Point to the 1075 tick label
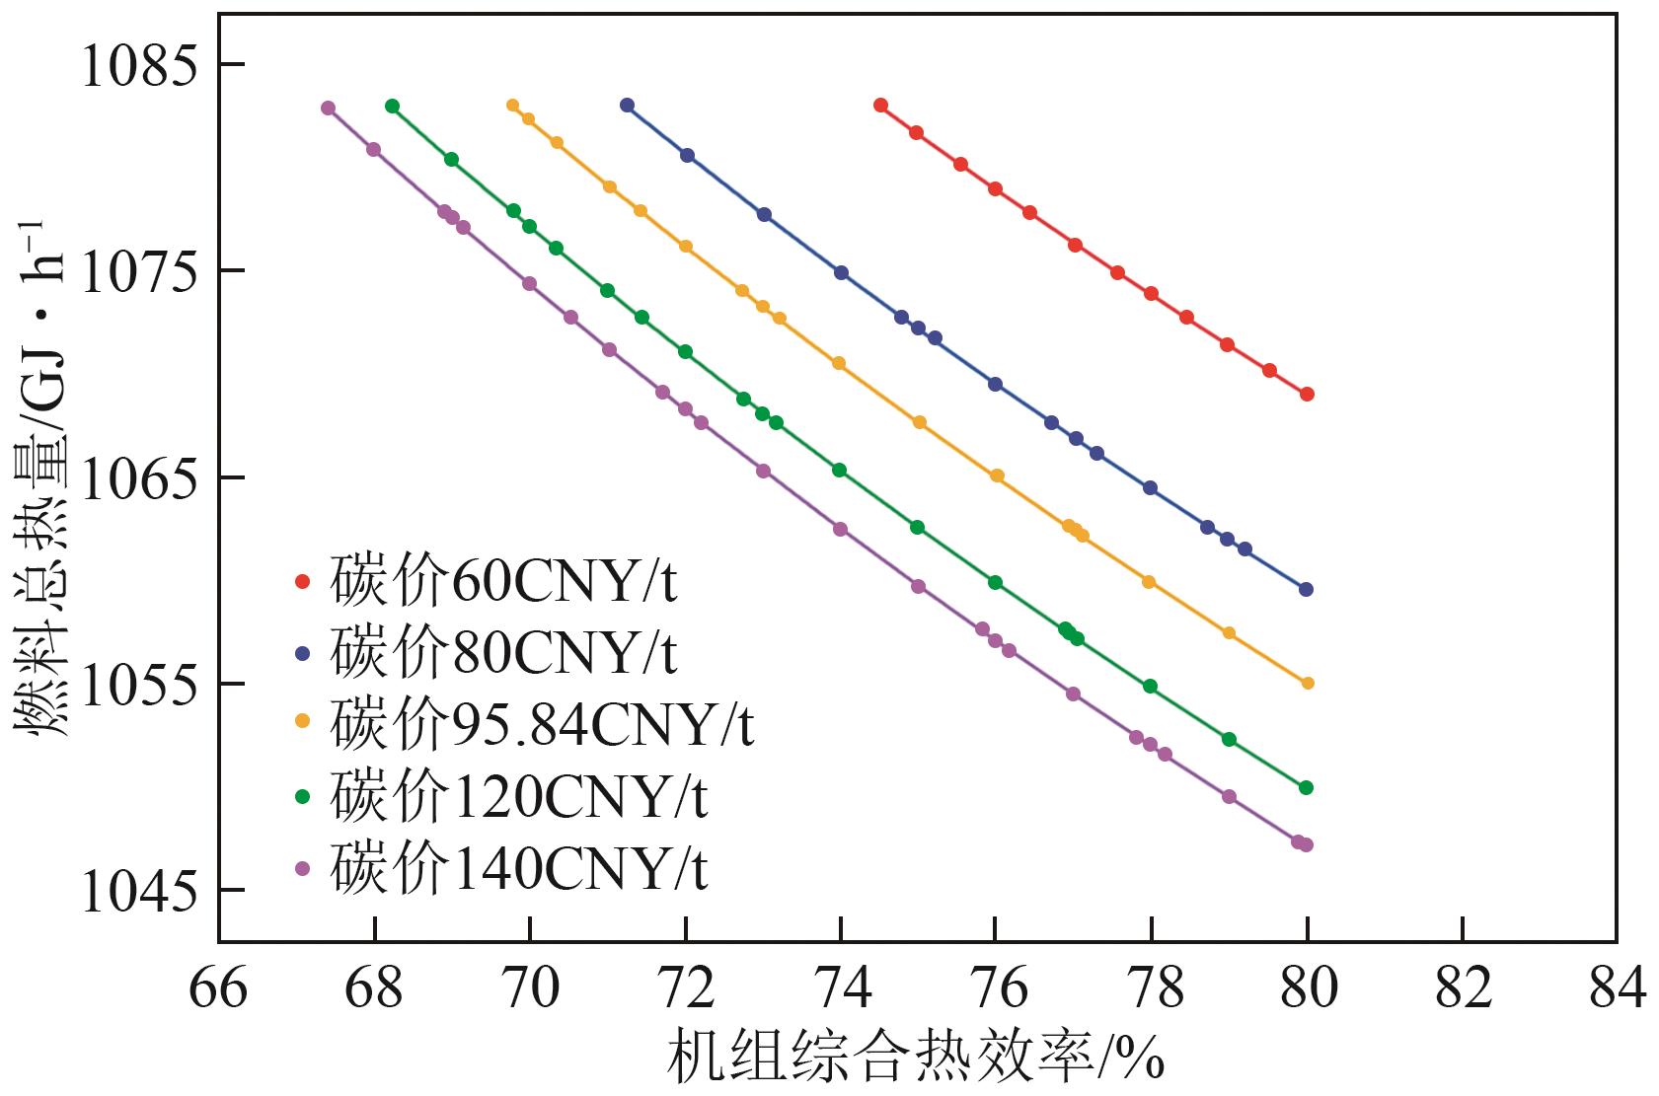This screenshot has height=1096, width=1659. point(137,273)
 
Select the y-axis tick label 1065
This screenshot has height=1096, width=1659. point(137,480)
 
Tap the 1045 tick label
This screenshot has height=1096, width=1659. point(137,894)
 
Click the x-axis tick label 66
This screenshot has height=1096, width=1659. point(218,988)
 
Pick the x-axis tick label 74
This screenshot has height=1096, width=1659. point(840,988)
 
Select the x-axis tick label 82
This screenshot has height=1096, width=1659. point(1462,988)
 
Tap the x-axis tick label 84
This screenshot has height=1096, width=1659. point(1617,988)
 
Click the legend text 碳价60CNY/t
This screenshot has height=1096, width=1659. point(503,583)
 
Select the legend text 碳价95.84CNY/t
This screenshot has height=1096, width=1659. point(542,725)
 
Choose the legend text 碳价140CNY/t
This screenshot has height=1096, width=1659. point(518,868)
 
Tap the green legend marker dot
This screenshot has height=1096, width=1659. point(303,797)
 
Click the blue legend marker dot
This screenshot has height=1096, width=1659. point(303,654)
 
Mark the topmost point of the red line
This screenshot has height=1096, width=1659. point(880,106)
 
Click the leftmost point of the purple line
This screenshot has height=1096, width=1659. point(328,109)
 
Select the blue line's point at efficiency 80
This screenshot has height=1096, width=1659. point(1306,589)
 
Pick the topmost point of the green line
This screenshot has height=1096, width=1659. point(392,106)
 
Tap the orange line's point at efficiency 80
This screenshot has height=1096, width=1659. point(1308,683)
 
